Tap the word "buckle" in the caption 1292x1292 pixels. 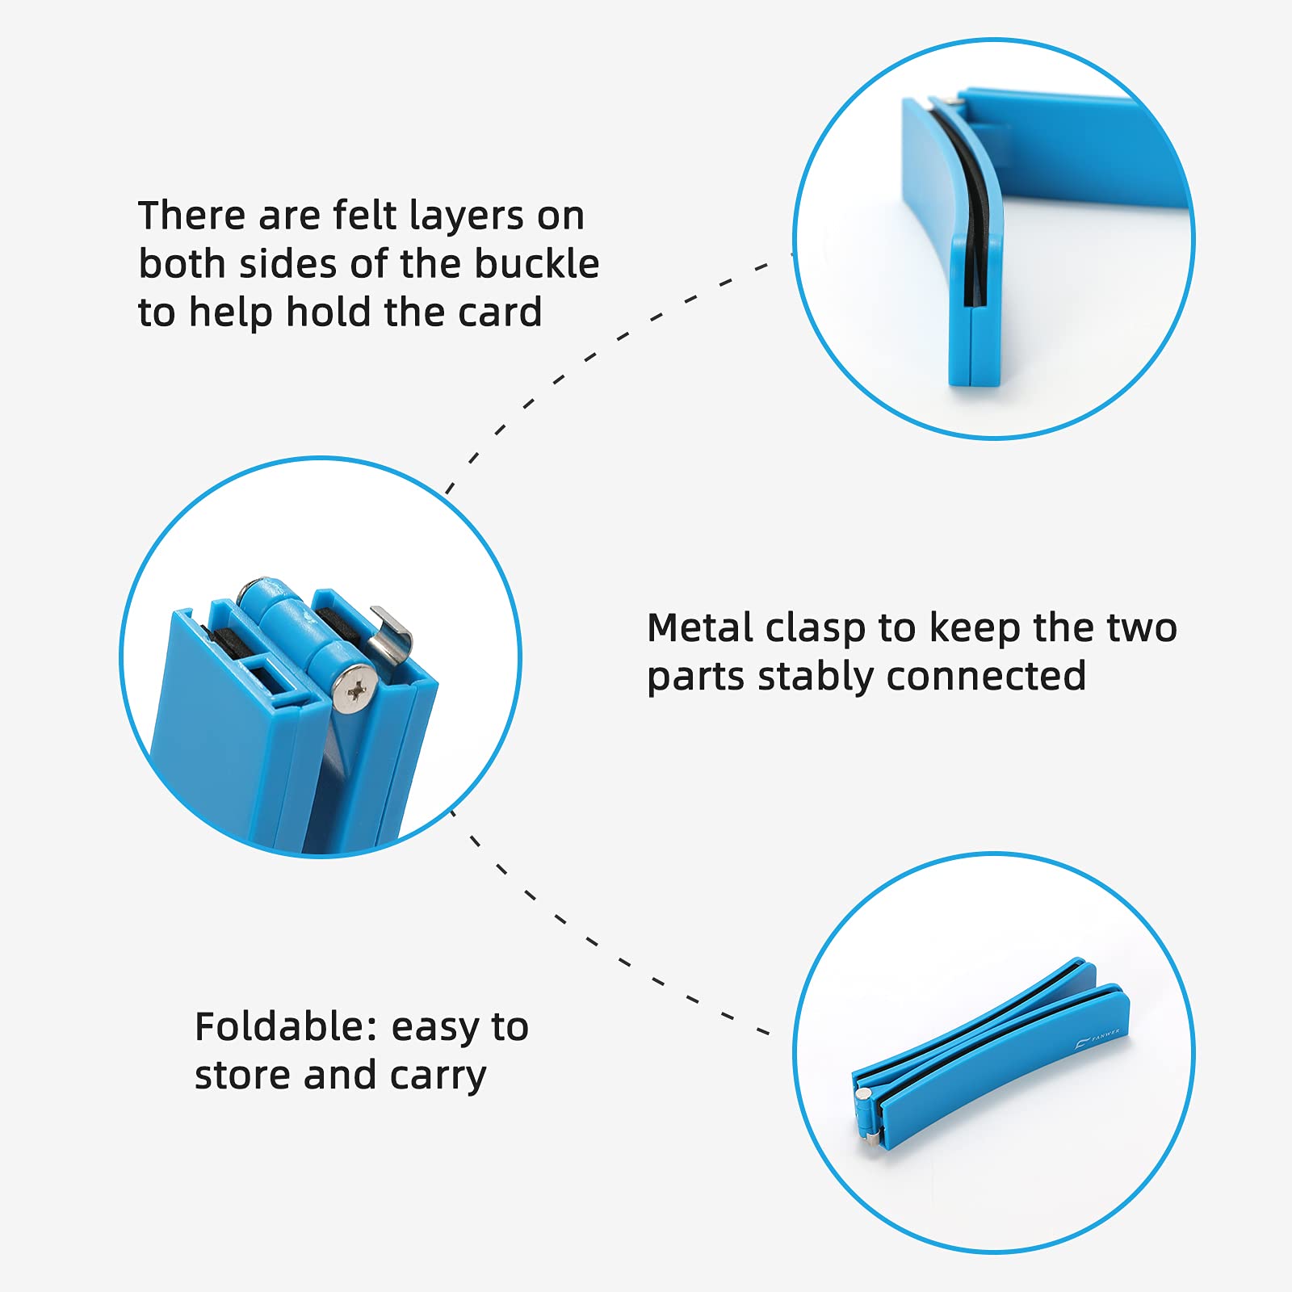tap(536, 264)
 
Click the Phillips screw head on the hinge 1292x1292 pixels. tap(356, 690)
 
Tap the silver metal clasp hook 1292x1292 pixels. tap(392, 634)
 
